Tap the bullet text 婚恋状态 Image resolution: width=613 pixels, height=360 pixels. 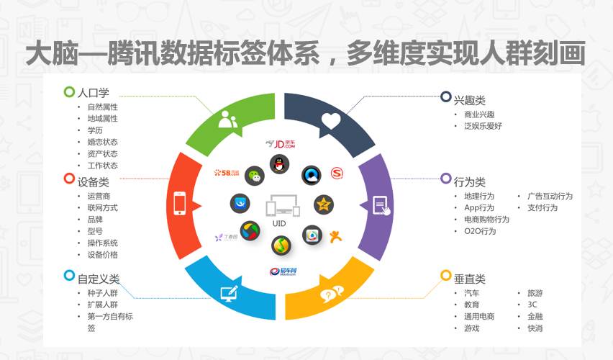pyautogui.click(x=102, y=142)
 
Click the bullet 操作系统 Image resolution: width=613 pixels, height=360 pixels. pyautogui.click(x=102, y=243)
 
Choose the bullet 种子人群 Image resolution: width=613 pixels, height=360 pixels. pyautogui.click(x=102, y=293)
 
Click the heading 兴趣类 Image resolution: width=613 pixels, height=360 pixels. pyautogui.click(x=469, y=99)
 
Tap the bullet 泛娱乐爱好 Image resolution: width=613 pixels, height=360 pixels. pyautogui.click(x=483, y=126)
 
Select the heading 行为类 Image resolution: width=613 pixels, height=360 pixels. pyautogui.click(x=469, y=181)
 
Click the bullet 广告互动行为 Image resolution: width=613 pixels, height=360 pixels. pyautogui.click(x=550, y=196)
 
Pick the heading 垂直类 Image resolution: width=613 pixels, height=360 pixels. pyautogui.click(x=469, y=278)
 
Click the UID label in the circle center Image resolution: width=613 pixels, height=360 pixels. pyautogui.click(x=279, y=224)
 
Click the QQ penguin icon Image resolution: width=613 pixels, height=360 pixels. pyautogui.click(x=278, y=163)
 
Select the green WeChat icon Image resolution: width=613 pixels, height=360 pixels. pyautogui.click(x=253, y=175)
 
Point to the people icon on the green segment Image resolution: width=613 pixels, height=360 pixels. pyautogui.click(x=227, y=120)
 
